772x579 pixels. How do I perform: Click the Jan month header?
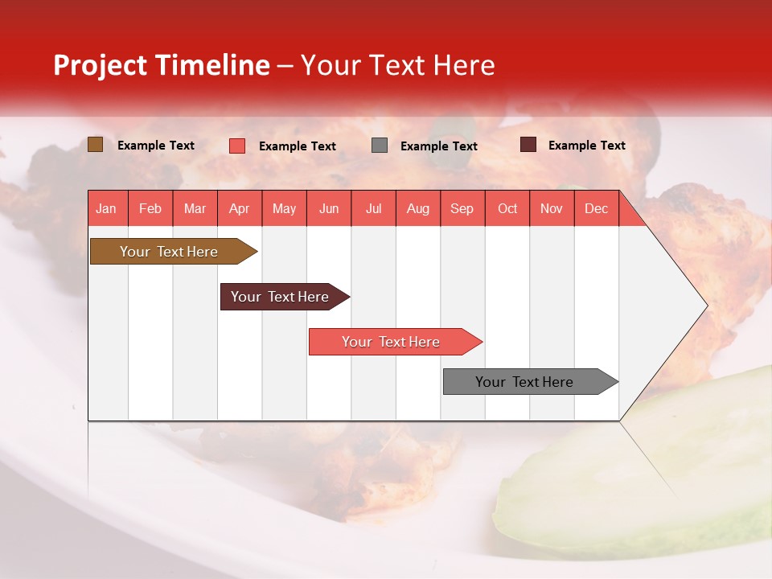click(106, 208)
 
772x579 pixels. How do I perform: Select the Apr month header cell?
click(240, 208)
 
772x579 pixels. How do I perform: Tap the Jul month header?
click(373, 208)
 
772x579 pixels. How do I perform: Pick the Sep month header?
click(462, 208)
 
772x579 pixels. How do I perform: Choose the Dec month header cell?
click(596, 208)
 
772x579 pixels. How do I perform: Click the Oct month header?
click(507, 208)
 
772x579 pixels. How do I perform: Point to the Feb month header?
click(150, 208)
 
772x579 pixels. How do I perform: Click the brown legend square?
click(95, 145)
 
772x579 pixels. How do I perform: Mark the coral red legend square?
click(237, 146)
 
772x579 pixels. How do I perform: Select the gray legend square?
click(380, 146)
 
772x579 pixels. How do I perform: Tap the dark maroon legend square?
click(528, 145)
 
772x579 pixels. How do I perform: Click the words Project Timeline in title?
click(161, 65)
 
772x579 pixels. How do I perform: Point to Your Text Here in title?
click(398, 65)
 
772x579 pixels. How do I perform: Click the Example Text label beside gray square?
click(438, 146)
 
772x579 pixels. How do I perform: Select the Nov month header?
click(552, 208)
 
